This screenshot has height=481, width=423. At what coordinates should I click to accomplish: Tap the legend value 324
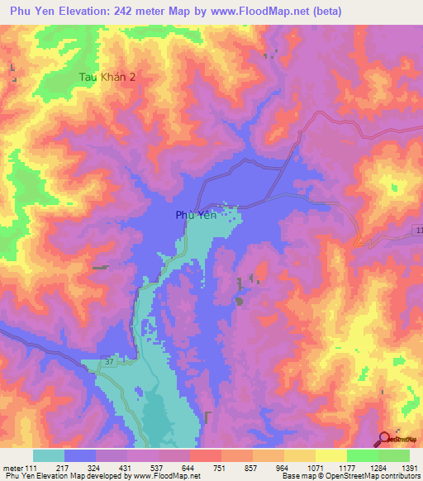tap(95, 468)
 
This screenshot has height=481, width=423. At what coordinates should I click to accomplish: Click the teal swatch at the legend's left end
tap(49, 455)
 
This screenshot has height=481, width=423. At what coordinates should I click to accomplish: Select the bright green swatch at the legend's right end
tap(393, 455)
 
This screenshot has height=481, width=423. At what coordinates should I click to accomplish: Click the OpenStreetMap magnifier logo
tap(386, 441)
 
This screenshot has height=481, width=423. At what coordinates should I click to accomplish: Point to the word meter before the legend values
tap(11, 468)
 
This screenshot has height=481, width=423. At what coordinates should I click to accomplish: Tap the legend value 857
tap(252, 468)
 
